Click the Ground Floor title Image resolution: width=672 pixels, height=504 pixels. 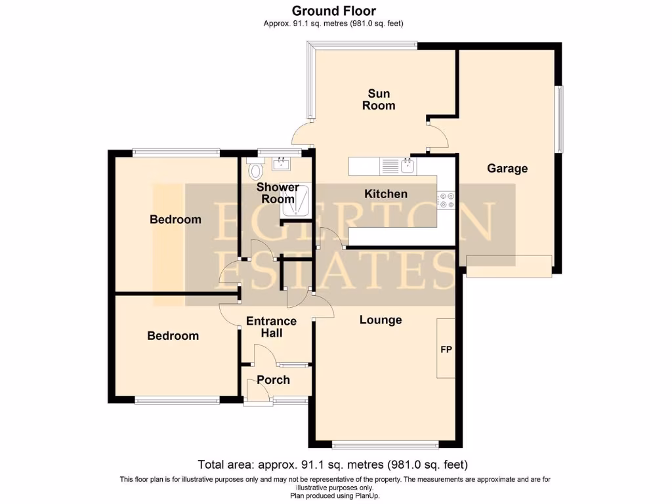(x=333, y=10)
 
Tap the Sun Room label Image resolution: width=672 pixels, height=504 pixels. (x=379, y=100)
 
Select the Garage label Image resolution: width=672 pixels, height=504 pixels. (x=507, y=169)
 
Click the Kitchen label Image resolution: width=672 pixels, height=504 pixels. (x=386, y=194)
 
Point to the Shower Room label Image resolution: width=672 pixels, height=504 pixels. (x=278, y=193)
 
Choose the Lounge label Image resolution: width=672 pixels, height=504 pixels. (x=381, y=320)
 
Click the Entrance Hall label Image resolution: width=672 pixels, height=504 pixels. (x=271, y=327)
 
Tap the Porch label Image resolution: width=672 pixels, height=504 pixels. (x=273, y=379)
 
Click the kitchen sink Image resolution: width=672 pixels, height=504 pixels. (x=408, y=166)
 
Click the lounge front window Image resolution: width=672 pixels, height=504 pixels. (x=385, y=446)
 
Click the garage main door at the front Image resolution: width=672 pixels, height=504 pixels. (x=509, y=266)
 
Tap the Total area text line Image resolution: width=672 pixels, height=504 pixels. (x=333, y=465)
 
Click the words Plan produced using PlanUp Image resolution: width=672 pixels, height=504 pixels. (x=335, y=496)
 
